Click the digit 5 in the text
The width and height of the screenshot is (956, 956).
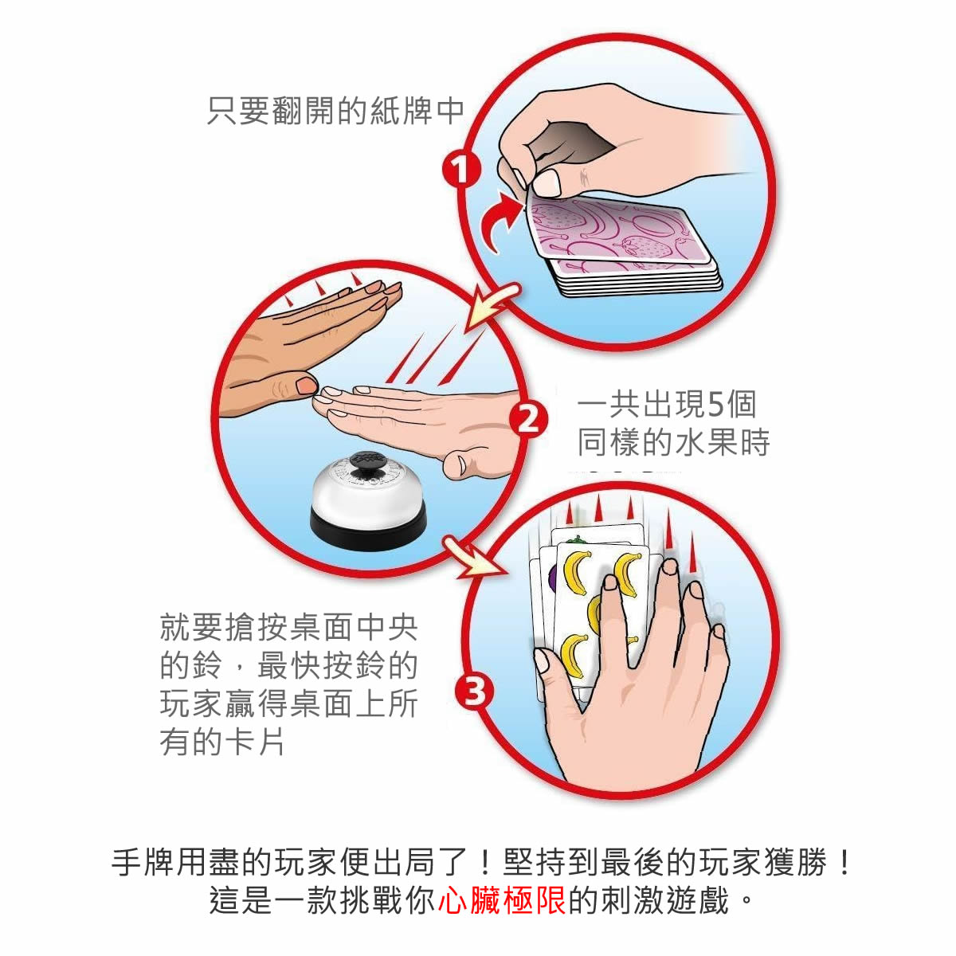click(x=715, y=405)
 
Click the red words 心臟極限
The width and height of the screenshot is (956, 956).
click(x=502, y=901)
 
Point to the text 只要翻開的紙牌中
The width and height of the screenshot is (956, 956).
click(x=335, y=111)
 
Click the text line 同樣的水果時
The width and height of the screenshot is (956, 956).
click(x=674, y=443)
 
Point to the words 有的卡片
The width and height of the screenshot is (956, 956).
click(x=222, y=742)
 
